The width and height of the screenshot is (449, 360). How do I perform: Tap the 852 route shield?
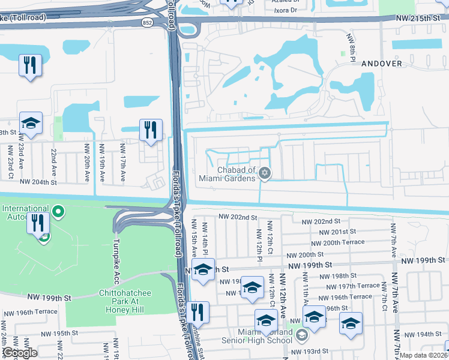pyautogui.click(x=147, y=23)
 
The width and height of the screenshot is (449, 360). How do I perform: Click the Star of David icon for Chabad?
pyautogui.click(x=265, y=174)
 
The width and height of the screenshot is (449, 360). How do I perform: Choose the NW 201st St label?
pyautogui.click(x=337, y=232)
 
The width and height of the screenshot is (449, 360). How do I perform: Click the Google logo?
pyautogui.click(x=19, y=353)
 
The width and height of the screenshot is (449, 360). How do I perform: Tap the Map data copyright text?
pyautogui.click(x=423, y=355)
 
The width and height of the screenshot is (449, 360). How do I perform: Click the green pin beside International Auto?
pyautogui.click(x=58, y=211)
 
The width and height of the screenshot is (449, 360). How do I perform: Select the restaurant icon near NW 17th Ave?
pyautogui.click(x=149, y=130)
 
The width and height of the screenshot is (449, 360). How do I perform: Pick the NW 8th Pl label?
pyautogui.click(x=351, y=45)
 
